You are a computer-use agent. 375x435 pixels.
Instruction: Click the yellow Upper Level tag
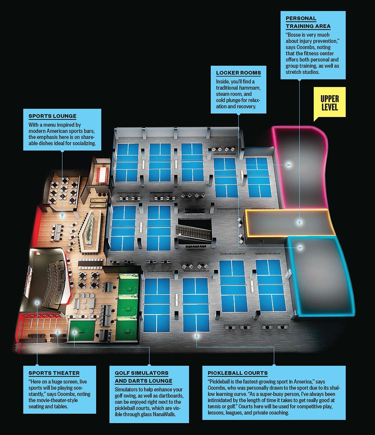click(329, 103)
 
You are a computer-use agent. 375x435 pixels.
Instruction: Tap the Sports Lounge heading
click(52, 116)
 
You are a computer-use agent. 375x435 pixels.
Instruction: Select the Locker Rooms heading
click(238, 73)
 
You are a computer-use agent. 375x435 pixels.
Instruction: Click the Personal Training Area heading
click(308, 22)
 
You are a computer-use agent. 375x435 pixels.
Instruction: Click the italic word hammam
click(249, 88)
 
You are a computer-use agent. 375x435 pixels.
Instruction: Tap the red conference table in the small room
click(103, 174)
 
